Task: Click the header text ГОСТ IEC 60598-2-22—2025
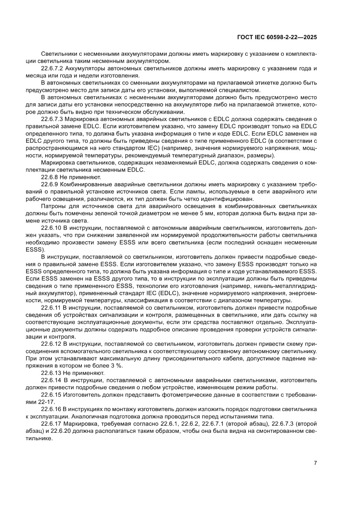click(x=276, y=37)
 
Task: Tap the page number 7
click(x=315, y=463)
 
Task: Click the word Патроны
click(x=52, y=206)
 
